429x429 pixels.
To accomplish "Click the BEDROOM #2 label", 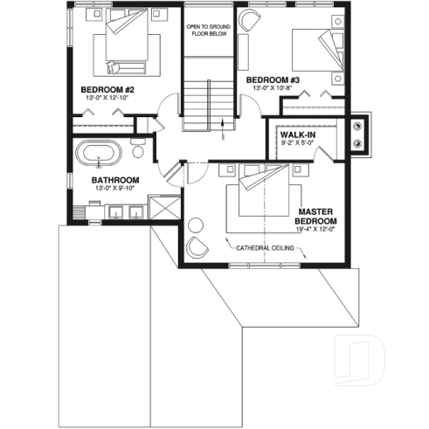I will (x=107, y=89).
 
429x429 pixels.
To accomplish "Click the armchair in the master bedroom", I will (x=199, y=248).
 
